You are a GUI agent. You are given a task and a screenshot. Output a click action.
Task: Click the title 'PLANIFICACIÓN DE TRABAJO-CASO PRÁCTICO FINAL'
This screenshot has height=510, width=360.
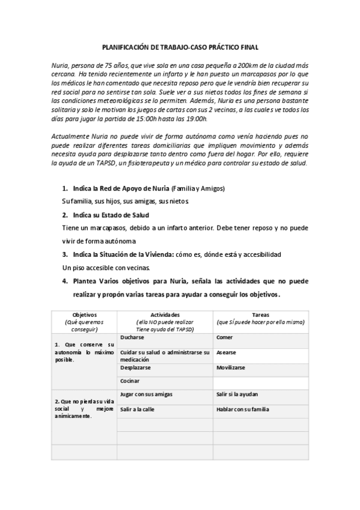[x=180, y=46]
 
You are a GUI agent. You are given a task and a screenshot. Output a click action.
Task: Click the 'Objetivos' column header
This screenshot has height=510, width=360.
[x=85, y=314]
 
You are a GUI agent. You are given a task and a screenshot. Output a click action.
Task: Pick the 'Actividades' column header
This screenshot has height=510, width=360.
[x=165, y=314]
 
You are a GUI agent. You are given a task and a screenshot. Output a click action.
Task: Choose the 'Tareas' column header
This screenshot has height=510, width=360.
[x=260, y=314]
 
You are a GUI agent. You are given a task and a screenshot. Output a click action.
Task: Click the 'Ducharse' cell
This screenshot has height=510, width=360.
[x=132, y=338]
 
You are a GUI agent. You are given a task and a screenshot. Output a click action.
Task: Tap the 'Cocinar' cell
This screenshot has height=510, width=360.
[x=130, y=381]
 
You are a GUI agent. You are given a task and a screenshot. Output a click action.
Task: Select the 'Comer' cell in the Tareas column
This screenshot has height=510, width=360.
[x=224, y=338]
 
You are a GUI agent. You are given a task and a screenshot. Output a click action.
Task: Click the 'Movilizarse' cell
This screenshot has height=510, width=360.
[x=231, y=367]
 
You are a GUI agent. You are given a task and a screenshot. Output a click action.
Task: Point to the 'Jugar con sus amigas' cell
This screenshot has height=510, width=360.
[x=147, y=395]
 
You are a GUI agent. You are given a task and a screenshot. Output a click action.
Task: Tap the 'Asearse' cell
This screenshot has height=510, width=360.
[x=226, y=352]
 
